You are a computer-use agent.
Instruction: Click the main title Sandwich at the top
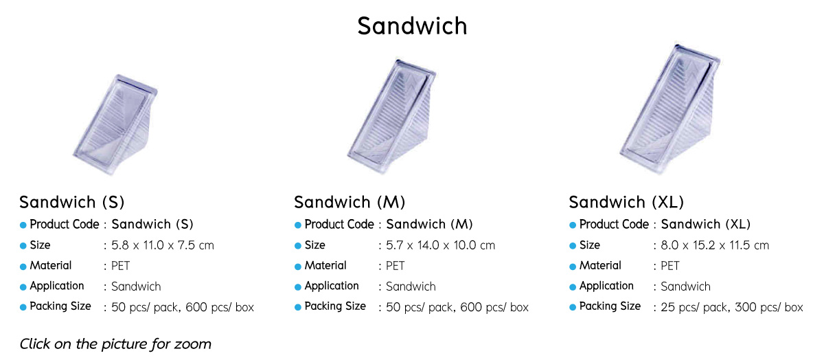coord(412,26)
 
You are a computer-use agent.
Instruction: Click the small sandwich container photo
coord(115,125)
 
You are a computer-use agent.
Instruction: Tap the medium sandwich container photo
coord(391,116)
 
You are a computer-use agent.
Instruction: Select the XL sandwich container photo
coord(669,109)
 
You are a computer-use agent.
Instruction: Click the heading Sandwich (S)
coord(72,202)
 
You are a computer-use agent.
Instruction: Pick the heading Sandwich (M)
coord(350,202)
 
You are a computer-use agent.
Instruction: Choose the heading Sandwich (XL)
coord(626,202)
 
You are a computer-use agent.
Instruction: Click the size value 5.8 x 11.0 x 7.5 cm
coord(163,245)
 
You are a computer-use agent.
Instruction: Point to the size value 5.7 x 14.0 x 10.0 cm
coord(440,245)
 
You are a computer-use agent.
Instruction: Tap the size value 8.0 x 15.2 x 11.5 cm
coord(715,245)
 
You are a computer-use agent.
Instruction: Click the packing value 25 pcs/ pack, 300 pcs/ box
coord(732,307)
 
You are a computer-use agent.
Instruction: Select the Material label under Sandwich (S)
coord(51,265)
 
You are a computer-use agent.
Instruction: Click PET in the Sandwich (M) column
coord(395,266)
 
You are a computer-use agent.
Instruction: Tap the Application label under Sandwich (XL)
coord(606,286)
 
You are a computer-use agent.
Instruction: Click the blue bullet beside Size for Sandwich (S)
coord(23,246)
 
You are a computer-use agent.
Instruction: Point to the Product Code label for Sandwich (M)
coord(339,224)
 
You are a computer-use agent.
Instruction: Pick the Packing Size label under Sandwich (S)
coord(60,306)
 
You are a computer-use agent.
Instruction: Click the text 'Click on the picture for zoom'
coord(115,344)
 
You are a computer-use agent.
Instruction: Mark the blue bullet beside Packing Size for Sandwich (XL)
coord(573,307)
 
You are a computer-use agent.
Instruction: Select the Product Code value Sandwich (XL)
coord(706,224)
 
